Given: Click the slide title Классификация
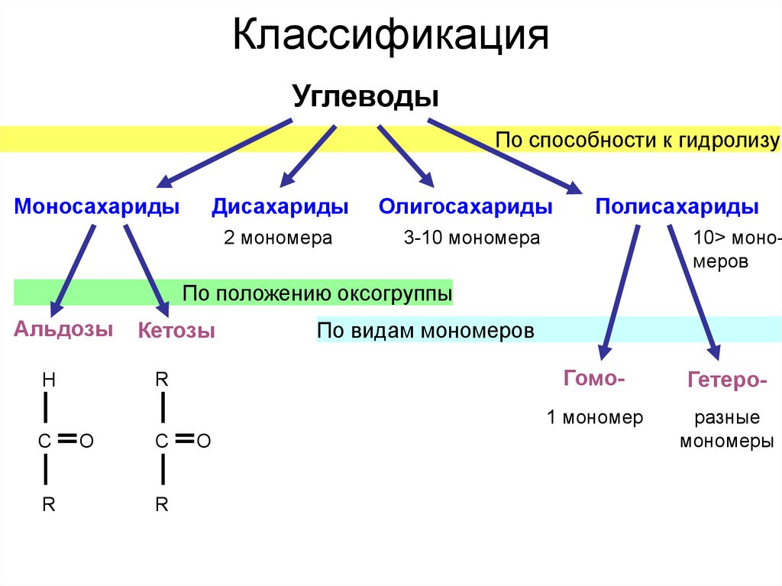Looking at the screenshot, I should pos(390,36).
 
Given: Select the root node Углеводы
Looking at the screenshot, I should pos(366,98).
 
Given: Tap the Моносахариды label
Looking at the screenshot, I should pos(97,207).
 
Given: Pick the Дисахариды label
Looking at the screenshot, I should pos(280,207).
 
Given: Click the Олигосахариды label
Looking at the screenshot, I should pos(466,207).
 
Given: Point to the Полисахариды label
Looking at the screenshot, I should pos(677,207).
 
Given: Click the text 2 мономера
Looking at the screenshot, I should pos(278,238).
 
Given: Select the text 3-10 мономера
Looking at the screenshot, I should pos(472,238).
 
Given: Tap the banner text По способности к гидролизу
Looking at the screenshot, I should pos(637,140).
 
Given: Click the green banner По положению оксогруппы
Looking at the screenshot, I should pos(317,293).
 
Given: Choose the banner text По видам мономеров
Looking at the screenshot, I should pos(425,331).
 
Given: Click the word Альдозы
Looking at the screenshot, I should pos(63,329).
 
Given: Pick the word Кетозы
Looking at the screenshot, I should pos(176,331).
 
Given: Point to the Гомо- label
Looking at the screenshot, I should pos(595,377).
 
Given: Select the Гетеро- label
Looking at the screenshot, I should pos(727,380).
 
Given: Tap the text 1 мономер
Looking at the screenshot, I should pos(595,417).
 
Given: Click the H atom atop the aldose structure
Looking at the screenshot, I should pos(48,380).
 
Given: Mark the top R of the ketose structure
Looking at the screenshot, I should pos(161,379).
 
